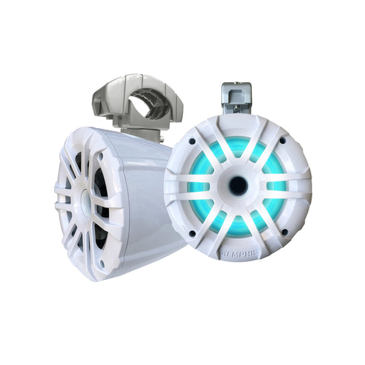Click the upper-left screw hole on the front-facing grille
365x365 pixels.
coord(192,141)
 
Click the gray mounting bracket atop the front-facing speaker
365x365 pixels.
coord(236,97)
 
